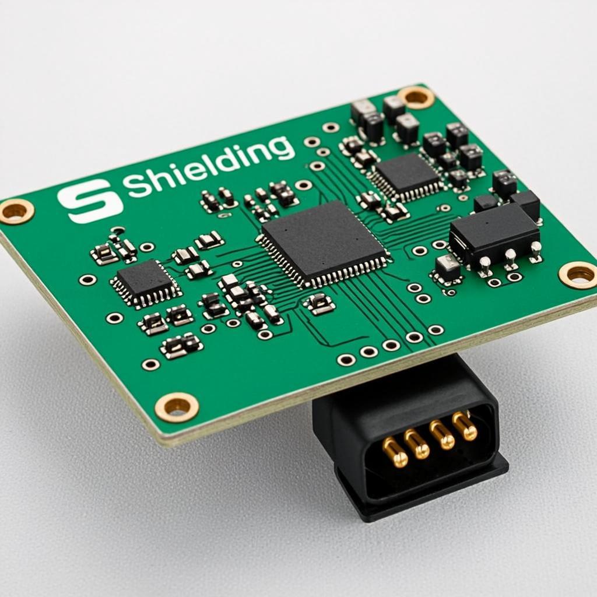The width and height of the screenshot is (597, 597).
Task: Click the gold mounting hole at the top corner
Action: click(417, 97)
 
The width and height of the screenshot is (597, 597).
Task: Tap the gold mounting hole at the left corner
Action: click(16, 211)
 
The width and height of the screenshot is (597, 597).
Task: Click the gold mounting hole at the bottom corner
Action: click(176, 406)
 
